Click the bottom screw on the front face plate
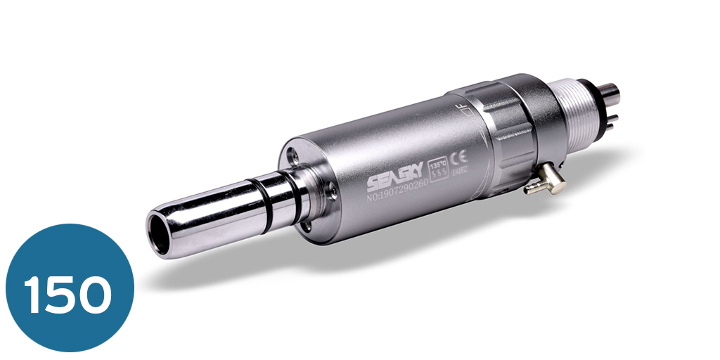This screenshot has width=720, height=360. pos(310,226)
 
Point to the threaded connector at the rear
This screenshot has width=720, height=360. pos(575,120)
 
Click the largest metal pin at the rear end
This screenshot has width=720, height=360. pos(613,90)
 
